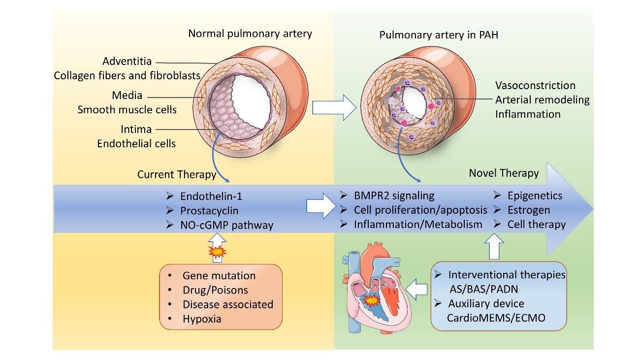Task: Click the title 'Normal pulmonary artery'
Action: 250,34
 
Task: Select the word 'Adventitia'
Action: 127,62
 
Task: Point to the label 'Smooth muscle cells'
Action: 127,109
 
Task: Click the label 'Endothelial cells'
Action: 136,144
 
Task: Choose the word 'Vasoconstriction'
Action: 535,86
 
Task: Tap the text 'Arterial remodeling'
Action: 543,100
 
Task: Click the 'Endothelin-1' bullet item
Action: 211,196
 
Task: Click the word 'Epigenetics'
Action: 535,196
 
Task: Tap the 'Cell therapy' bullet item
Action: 537,224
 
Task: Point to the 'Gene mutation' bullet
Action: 219,276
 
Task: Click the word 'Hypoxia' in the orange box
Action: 202,319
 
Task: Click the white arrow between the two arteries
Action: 340,108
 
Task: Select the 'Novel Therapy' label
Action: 504,173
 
